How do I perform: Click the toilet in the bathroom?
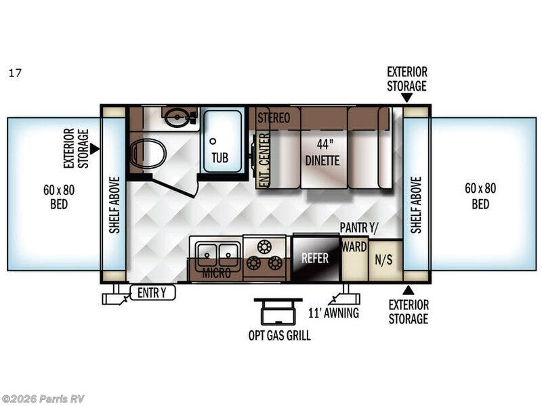tap(148, 154)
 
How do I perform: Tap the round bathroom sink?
tap(177, 117)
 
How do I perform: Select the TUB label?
tap(220, 158)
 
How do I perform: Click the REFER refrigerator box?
tap(315, 258)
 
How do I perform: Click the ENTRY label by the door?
tap(152, 293)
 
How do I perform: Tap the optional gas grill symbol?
tap(278, 311)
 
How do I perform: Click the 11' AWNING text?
tap(333, 313)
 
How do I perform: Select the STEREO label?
tap(274, 118)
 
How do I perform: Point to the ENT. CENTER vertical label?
tap(264, 160)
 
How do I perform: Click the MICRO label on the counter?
tap(216, 273)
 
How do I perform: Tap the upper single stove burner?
tap(264, 247)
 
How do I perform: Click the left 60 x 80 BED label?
tap(59, 197)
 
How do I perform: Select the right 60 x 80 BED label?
tap(480, 196)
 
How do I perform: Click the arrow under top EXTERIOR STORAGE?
tap(407, 98)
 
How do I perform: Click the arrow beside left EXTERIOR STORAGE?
tap(95, 149)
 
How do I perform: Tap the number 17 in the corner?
tap(15, 73)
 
